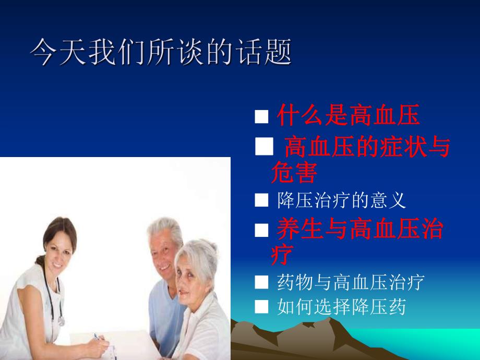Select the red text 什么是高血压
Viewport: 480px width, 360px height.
(x=348, y=116)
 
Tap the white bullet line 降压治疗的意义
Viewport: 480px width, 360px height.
(x=341, y=200)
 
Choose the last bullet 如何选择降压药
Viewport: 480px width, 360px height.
(x=341, y=307)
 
